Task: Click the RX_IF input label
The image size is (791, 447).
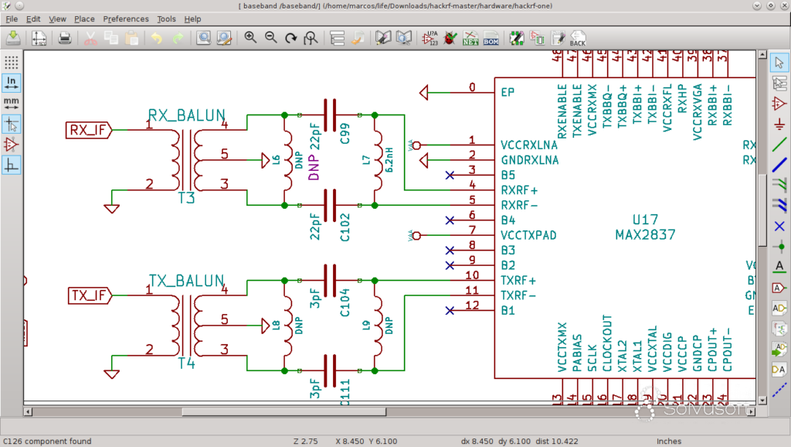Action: (87, 130)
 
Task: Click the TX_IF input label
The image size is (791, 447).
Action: (87, 295)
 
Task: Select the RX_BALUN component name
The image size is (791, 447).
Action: (186, 116)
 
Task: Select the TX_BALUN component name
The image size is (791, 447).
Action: (186, 280)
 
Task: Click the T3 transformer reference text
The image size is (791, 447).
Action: (186, 198)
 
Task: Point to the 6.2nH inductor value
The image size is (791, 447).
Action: (390, 162)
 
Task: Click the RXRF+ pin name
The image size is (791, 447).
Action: (519, 189)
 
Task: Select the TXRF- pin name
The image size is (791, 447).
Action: (519, 295)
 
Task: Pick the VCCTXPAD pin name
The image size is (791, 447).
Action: (529, 235)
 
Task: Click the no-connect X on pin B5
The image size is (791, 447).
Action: (450, 176)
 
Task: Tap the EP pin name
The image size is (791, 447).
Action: (508, 93)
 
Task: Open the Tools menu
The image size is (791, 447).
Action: (166, 19)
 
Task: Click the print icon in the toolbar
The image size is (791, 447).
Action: (65, 37)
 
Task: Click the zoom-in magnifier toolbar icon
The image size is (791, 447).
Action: (250, 37)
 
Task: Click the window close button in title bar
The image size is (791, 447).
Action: (781, 5)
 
